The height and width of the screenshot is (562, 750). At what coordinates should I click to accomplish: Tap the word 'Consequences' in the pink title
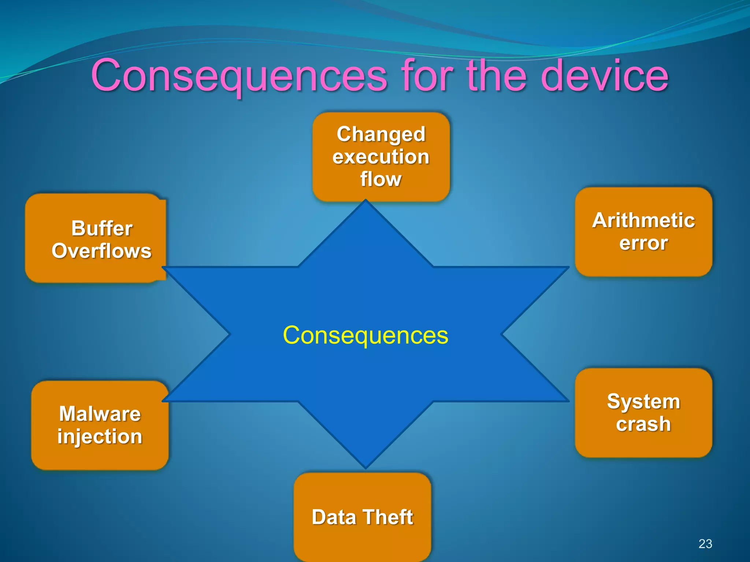(x=239, y=76)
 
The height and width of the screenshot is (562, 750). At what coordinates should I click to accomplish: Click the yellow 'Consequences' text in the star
(x=365, y=335)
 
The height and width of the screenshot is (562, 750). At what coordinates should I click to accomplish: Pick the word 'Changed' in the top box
(x=381, y=134)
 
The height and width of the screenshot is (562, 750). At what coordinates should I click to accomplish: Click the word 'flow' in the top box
(x=381, y=179)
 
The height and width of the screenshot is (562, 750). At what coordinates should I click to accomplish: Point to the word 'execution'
(x=381, y=157)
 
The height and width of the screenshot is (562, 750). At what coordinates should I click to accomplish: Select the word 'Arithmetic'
(x=643, y=220)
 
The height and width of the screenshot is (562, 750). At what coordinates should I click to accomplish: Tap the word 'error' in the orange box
(x=643, y=243)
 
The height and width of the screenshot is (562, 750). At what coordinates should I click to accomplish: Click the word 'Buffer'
(x=102, y=228)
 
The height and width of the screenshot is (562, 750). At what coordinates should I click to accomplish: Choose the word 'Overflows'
(x=101, y=251)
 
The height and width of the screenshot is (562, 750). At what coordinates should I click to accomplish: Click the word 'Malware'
(x=100, y=414)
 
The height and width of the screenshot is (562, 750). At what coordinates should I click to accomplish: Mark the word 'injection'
(x=100, y=437)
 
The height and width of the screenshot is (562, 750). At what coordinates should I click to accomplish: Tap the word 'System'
(x=643, y=401)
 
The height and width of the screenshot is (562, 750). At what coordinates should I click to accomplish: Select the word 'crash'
(x=643, y=424)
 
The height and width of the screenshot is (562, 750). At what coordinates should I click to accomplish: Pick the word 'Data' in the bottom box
(x=334, y=517)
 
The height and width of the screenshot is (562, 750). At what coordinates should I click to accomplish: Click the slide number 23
(x=705, y=544)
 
